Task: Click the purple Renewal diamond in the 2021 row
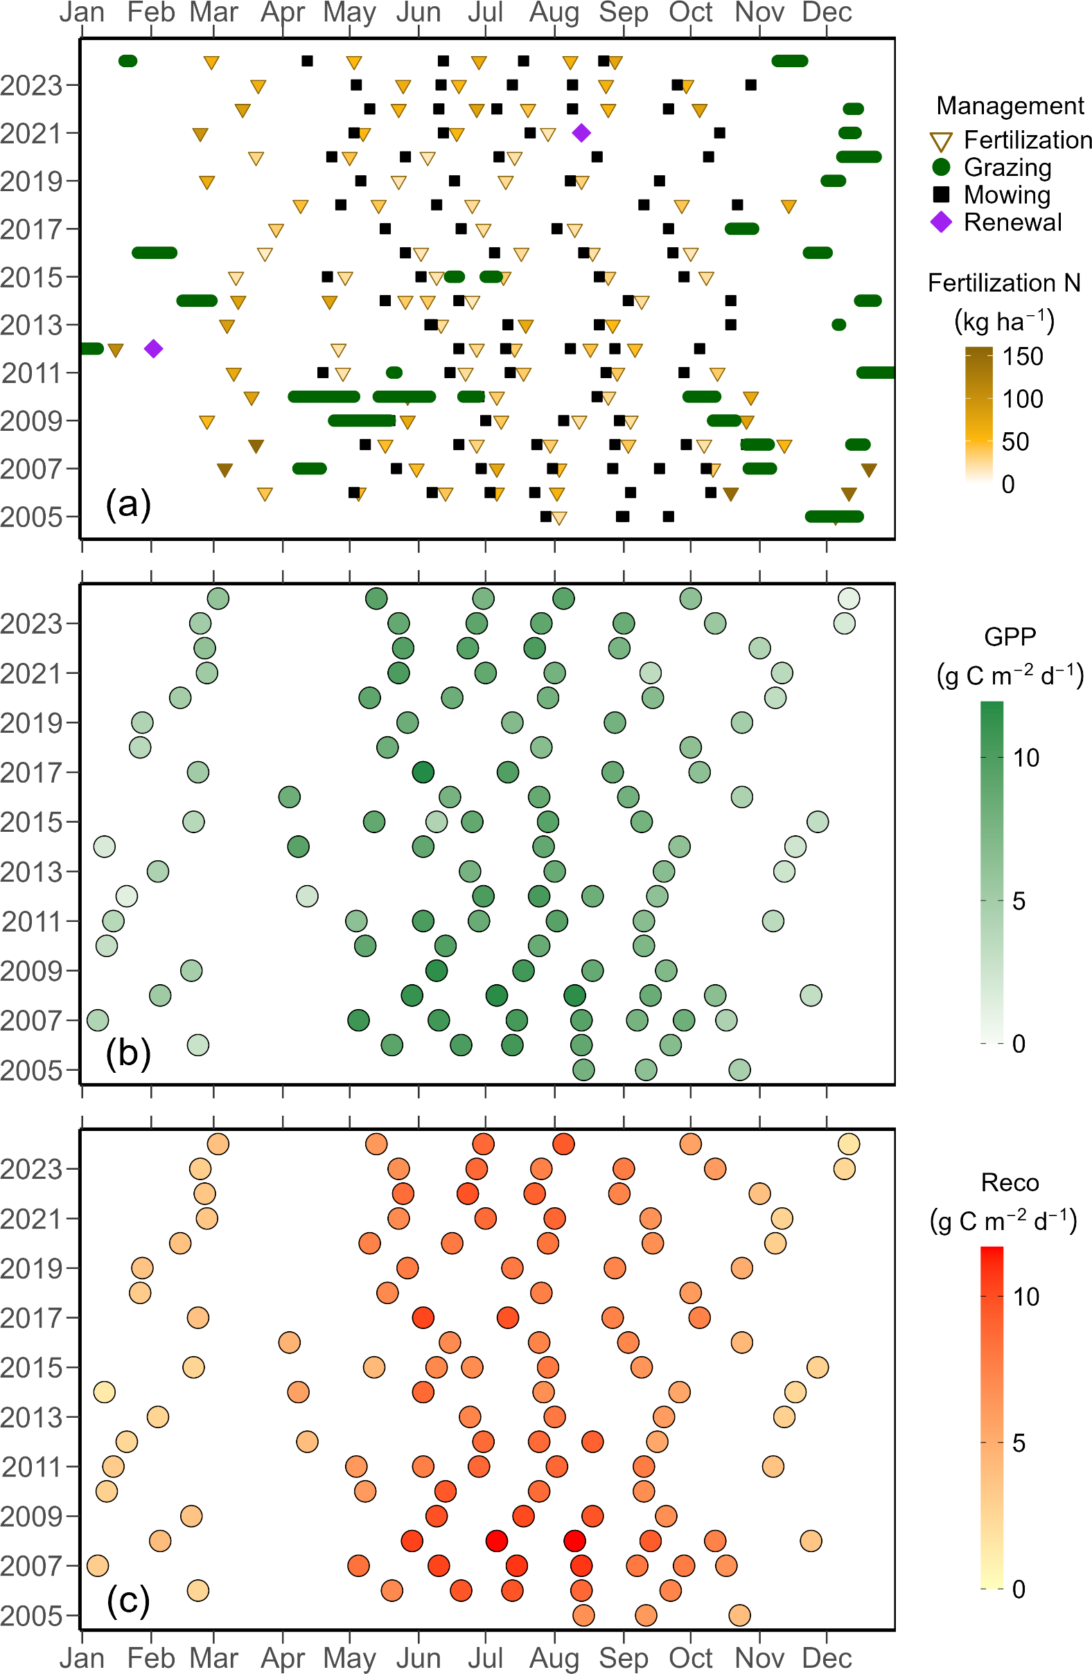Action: pyautogui.click(x=581, y=132)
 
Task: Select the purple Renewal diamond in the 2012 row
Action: pyautogui.click(x=153, y=348)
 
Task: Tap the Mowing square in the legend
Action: pyautogui.click(x=941, y=194)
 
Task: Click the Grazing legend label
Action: pyautogui.click(x=1007, y=168)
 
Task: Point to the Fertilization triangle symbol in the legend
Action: pyautogui.click(x=941, y=141)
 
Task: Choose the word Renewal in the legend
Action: pyautogui.click(x=1012, y=222)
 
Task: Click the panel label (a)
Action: pyautogui.click(x=128, y=504)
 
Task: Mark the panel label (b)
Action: pyautogui.click(x=128, y=1053)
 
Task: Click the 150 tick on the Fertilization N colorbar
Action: pyautogui.click(x=1022, y=357)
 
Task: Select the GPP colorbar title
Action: pyautogui.click(x=1010, y=636)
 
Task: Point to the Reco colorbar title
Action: pyautogui.click(x=1010, y=1182)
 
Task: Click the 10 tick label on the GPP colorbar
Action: pyautogui.click(x=1026, y=758)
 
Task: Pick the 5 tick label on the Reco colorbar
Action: pyautogui.click(x=1018, y=1443)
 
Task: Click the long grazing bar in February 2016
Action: pyautogui.click(x=154, y=253)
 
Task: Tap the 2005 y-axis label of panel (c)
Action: pyautogui.click(x=32, y=1616)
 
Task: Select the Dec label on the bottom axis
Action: pyautogui.click(x=827, y=1658)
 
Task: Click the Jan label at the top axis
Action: pyautogui.click(x=82, y=12)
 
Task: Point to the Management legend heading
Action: pyautogui.click(x=1010, y=105)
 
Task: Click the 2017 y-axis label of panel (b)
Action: pyautogui.click(x=32, y=772)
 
